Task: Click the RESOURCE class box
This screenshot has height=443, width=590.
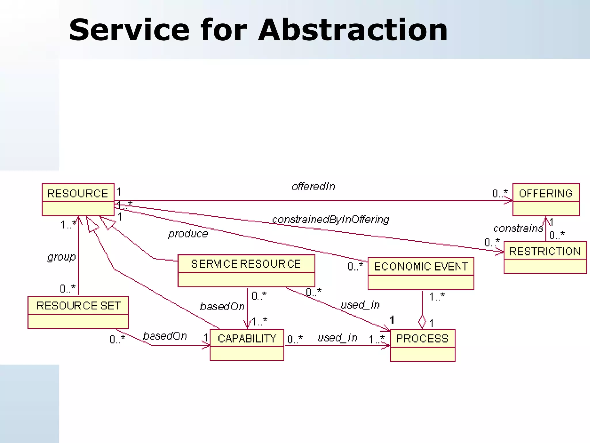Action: (78, 199)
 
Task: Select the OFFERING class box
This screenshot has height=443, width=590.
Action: (546, 199)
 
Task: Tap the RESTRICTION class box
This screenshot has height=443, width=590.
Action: (545, 257)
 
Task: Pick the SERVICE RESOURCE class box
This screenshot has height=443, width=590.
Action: (246, 271)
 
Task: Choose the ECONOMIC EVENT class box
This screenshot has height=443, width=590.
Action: (421, 273)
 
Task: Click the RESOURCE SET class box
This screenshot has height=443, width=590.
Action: (78, 312)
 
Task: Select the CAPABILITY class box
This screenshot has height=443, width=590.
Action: (247, 345)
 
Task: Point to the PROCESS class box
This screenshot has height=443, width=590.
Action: (422, 345)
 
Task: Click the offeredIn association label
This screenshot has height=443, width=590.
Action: (313, 187)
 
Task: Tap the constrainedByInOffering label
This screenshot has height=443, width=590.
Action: (330, 220)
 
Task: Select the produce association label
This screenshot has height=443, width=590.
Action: (188, 234)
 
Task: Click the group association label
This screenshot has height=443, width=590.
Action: (61, 257)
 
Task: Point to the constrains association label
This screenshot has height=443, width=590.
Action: (518, 228)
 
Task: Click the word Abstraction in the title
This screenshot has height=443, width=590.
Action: (353, 30)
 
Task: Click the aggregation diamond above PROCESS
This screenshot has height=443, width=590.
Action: (422, 321)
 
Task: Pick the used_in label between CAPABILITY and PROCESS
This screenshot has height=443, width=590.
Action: (337, 338)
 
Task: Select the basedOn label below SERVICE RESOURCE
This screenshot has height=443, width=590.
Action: (222, 307)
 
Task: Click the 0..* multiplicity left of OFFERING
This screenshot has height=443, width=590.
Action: (500, 193)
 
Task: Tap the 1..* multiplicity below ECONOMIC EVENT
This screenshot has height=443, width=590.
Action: (437, 296)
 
